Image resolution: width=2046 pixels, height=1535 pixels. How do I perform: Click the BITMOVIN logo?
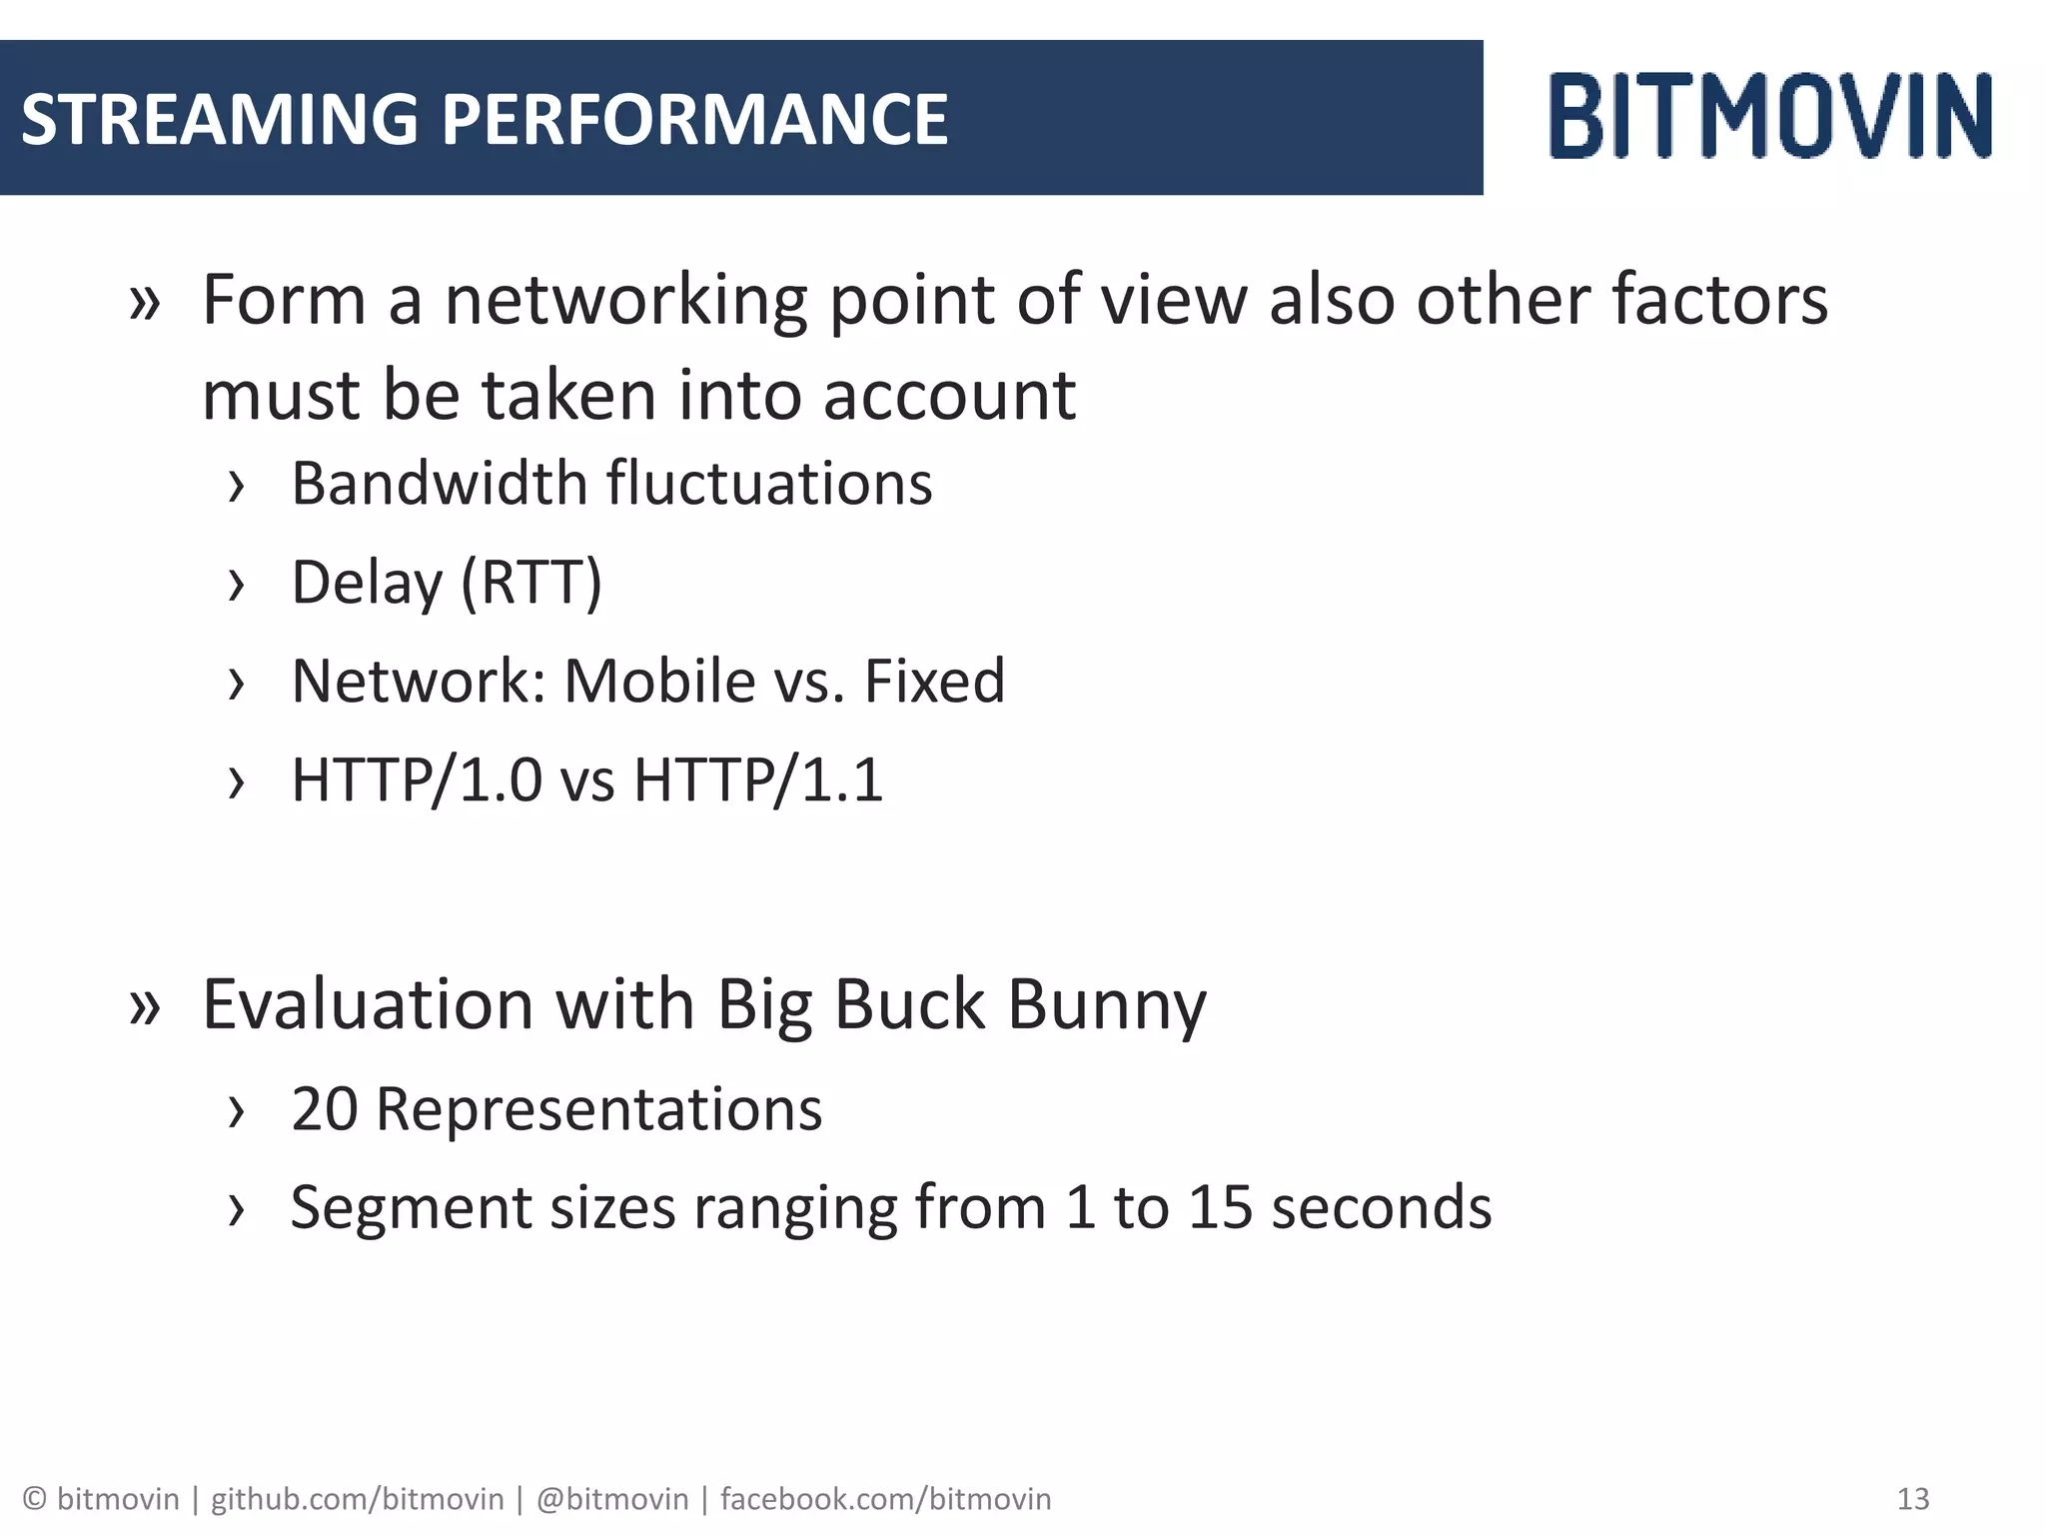pos(1770,116)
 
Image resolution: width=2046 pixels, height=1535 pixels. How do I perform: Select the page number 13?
pos(1912,1499)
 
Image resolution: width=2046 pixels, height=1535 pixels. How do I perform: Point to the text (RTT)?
pos(531,583)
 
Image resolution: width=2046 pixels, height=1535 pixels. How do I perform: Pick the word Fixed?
pos(934,682)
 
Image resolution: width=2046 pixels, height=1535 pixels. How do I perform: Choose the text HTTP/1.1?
pos(758,780)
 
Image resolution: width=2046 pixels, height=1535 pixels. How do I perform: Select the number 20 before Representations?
pos(324,1109)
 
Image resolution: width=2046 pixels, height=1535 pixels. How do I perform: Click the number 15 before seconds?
pos(1220,1207)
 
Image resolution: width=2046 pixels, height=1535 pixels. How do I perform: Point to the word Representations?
pos(598,1109)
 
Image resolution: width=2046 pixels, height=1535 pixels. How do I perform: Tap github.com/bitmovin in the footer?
pos(357,1499)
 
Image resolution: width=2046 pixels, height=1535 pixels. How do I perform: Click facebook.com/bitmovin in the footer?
pos(885,1499)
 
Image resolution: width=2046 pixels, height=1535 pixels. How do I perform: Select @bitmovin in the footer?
pos(612,1499)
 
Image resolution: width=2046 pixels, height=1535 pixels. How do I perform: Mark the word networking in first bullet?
pos(625,302)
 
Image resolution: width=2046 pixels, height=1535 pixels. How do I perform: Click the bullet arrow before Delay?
pos(236,586)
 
